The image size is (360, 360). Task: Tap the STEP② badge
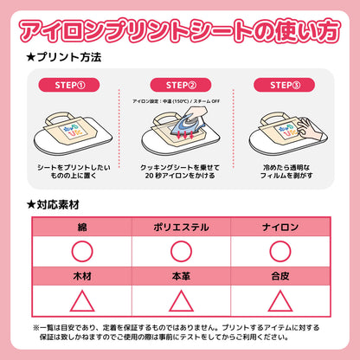click(179, 85)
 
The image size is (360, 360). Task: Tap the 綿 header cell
click(80, 226)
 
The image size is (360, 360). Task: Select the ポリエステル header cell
click(179, 226)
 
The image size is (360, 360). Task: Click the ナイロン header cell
click(279, 226)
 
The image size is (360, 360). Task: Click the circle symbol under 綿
click(80, 251)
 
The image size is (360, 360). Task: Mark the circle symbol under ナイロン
click(279, 251)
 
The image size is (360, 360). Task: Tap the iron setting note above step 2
click(179, 100)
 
